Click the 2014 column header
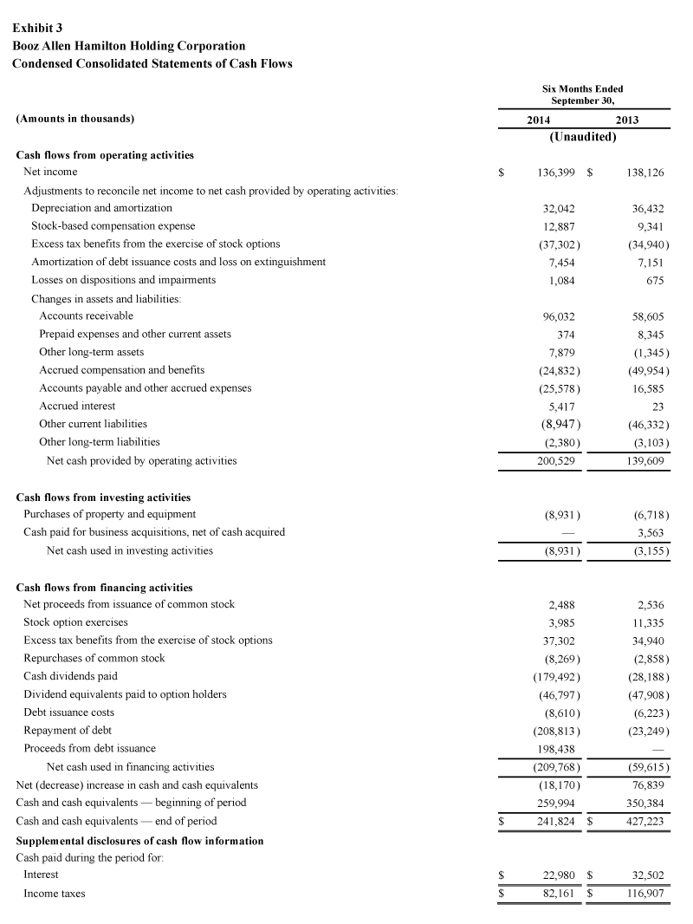click(x=539, y=120)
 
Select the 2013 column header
click(x=626, y=120)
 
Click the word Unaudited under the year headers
click(x=582, y=137)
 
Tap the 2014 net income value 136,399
click(x=556, y=172)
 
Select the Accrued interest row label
click(x=77, y=406)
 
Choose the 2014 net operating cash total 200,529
click(x=556, y=460)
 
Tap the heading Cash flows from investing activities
click(x=104, y=498)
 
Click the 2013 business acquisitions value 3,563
click(x=649, y=532)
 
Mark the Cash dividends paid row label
click(x=70, y=676)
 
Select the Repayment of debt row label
click(x=68, y=730)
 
